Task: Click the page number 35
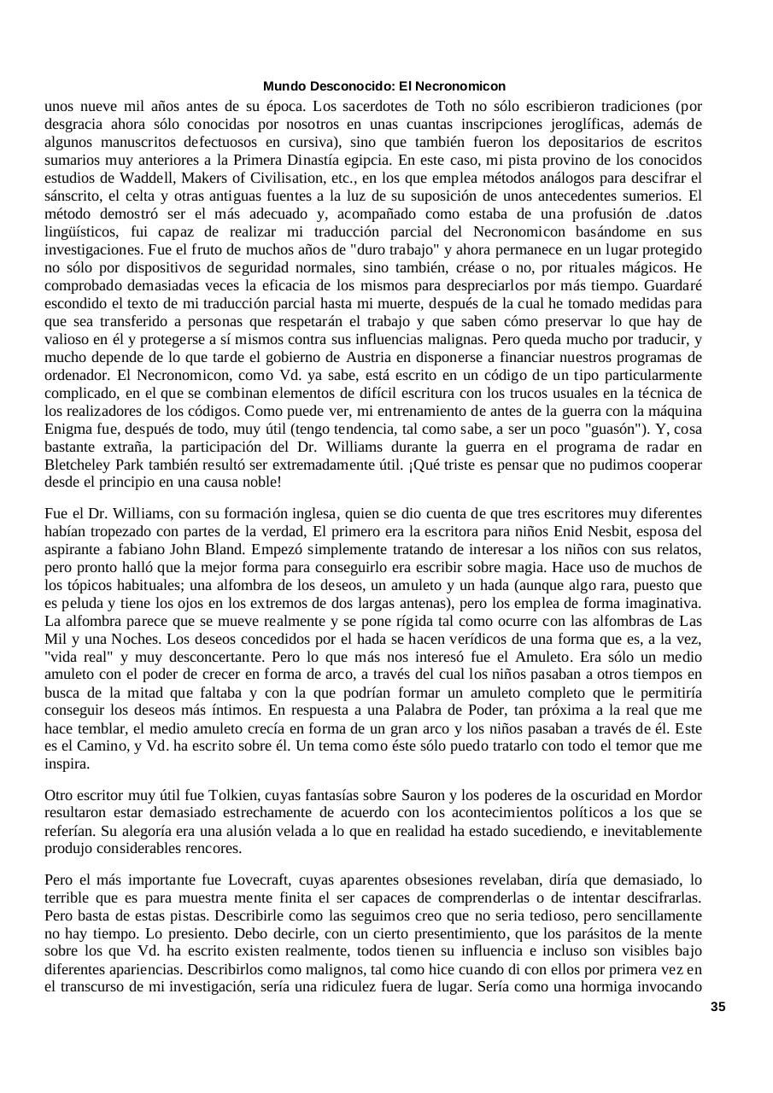(717, 1007)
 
